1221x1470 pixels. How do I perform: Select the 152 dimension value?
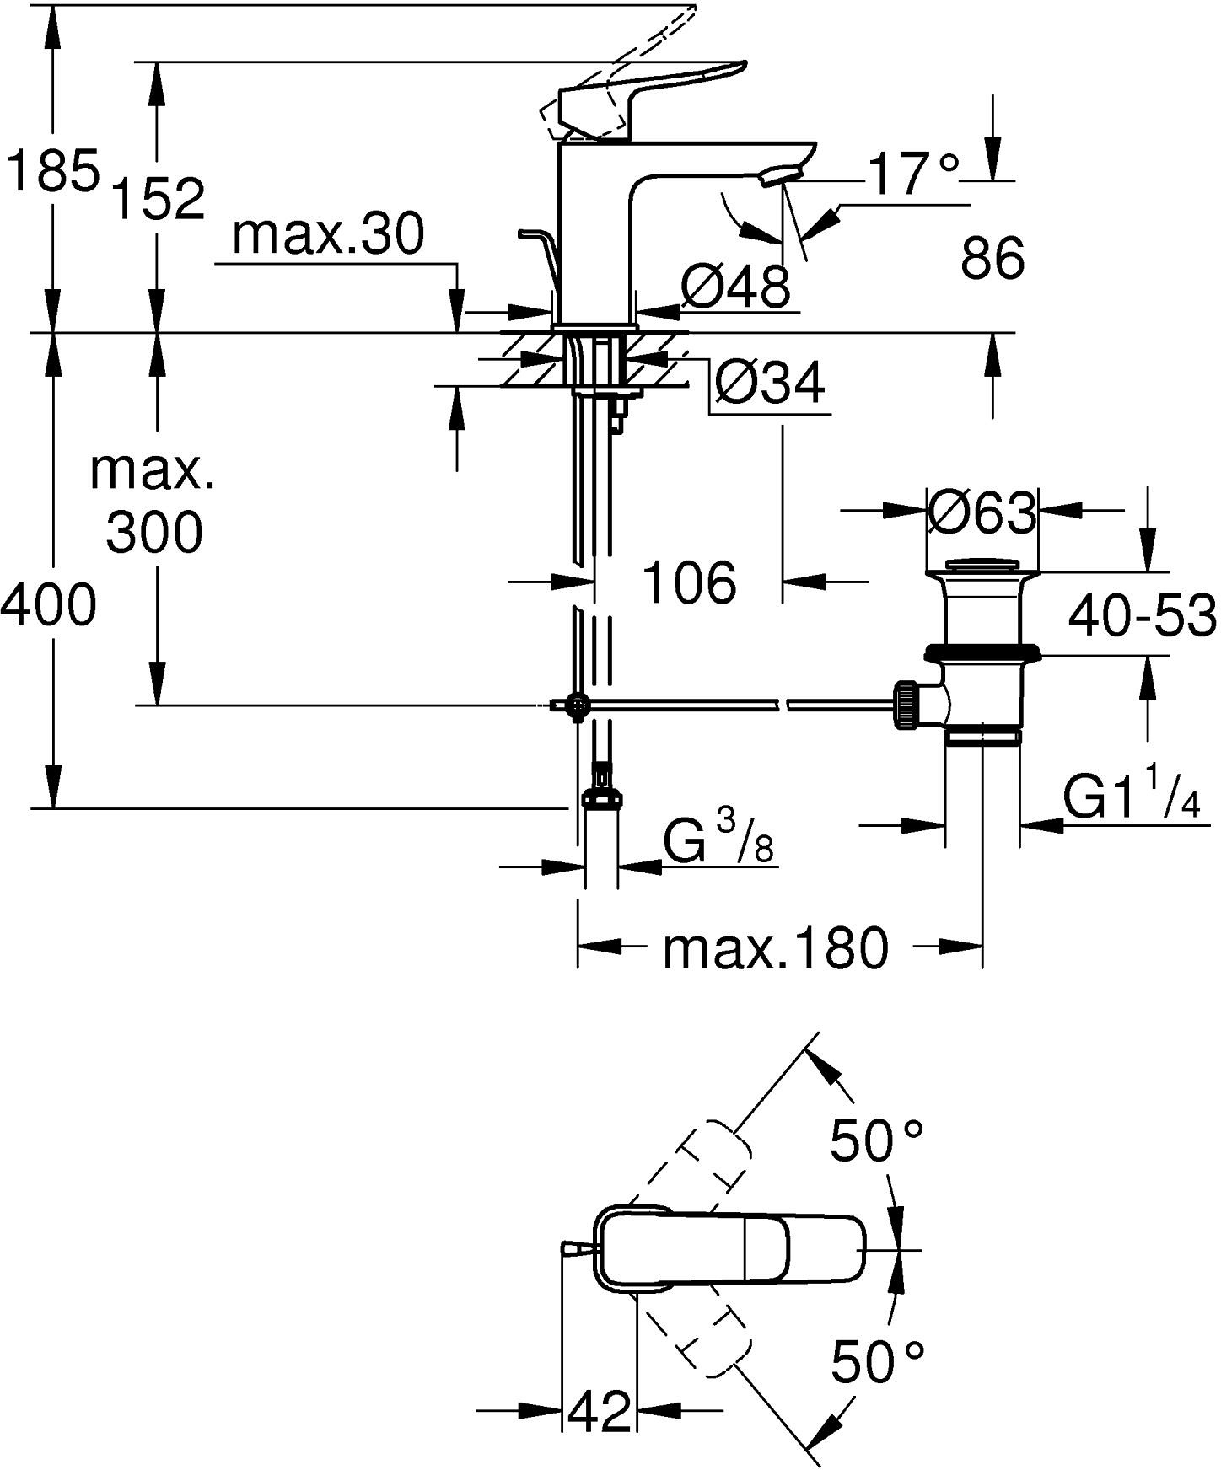click(158, 199)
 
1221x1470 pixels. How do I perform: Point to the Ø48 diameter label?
click(735, 287)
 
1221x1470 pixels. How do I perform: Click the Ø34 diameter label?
click(769, 384)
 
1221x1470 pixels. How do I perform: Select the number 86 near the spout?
click(992, 258)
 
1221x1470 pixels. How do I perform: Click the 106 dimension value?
click(689, 582)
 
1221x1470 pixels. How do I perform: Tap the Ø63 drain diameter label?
click(982, 512)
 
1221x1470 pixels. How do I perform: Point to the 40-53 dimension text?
click(1142, 615)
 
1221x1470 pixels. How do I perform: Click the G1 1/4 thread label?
click(1130, 798)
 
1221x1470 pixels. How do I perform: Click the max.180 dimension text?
click(775, 947)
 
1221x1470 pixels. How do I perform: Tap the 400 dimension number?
click(49, 605)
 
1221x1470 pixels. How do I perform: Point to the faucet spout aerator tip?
click(779, 175)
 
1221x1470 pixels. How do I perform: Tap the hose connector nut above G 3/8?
click(601, 797)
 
